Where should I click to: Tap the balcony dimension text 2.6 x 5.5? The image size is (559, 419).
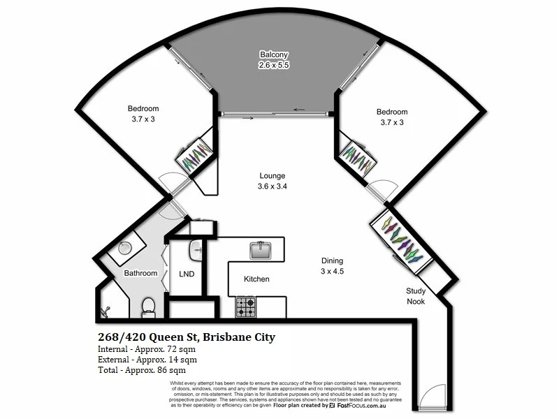274,64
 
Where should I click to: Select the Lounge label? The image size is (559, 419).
272,176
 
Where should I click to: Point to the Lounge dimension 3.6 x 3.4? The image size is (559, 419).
272,186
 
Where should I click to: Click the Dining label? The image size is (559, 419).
332,260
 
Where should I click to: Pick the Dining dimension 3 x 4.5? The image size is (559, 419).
332,271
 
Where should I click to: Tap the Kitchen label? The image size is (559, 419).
256,279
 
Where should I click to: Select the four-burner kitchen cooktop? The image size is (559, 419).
246,307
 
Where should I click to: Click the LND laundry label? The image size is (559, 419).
187,274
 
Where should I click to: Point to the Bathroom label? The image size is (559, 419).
141,273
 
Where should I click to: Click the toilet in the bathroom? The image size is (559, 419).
148,306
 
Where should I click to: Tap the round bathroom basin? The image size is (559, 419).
126,247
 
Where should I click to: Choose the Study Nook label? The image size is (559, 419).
416,296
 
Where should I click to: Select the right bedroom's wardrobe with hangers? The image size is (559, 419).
358,157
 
